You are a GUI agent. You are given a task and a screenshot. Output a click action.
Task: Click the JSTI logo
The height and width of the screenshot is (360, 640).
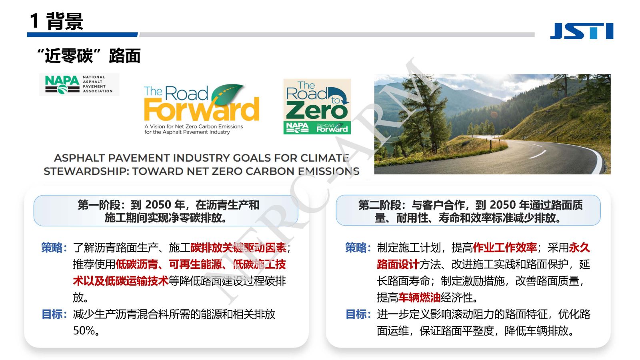click(582, 31)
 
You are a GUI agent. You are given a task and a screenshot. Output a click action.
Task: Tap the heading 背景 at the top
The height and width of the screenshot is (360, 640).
click(65, 21)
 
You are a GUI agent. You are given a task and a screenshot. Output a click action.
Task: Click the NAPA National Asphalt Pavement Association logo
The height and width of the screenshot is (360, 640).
click(79, 84)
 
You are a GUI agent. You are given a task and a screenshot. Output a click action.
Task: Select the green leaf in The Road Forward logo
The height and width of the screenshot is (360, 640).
click(228, 94)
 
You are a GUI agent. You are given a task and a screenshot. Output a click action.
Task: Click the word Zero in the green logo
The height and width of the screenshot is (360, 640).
click(317, 111)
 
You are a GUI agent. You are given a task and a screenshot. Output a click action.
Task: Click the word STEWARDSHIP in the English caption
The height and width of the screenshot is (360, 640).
click(86, 171)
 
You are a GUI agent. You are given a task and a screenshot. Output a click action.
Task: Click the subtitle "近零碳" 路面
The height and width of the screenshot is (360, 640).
click(88, 56)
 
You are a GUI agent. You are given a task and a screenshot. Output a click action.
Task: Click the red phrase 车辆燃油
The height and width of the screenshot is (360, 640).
click(419, 298)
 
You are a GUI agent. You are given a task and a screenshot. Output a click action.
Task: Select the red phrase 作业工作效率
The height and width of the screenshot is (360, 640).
click(505, 248)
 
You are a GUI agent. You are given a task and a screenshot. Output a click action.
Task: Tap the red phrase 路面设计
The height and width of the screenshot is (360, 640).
click(398, 264)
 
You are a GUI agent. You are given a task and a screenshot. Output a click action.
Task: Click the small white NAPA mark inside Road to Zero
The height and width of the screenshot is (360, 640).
click(297, 128)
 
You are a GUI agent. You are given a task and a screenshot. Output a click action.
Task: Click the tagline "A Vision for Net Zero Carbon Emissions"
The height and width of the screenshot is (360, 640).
click(194, 126)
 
